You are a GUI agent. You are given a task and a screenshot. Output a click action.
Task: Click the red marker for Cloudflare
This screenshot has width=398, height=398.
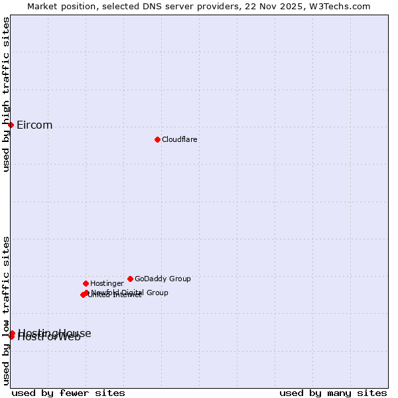(157, 139)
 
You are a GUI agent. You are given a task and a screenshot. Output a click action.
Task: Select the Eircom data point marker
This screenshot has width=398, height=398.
(11, 125)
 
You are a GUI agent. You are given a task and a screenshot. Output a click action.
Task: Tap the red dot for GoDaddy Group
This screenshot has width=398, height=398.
(130, 279)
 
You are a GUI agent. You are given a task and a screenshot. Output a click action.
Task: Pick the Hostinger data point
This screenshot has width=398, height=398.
(86, 283)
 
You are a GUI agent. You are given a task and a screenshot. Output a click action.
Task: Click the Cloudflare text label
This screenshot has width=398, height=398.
(180, 139)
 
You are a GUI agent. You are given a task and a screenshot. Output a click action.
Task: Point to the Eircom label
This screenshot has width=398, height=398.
(34, 125)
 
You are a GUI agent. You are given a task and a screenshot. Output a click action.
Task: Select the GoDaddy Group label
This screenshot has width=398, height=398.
(163, 279)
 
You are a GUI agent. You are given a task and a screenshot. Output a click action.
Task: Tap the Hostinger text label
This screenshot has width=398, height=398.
(107, 283)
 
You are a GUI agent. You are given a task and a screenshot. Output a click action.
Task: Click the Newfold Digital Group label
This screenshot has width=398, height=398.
(129, 293)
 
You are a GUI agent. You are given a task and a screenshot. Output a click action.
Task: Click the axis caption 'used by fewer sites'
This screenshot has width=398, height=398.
(68, 393)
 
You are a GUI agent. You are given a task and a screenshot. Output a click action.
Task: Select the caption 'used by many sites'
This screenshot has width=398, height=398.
(333, 393)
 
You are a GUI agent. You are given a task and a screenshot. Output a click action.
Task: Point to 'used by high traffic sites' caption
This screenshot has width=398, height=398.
(6, 94)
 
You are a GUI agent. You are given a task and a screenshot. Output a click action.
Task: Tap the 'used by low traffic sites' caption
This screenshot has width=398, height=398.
(6, 310)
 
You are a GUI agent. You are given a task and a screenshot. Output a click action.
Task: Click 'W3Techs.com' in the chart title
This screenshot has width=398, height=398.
(342, 6)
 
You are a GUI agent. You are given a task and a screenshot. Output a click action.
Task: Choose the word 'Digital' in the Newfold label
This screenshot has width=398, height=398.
(132, 293)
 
